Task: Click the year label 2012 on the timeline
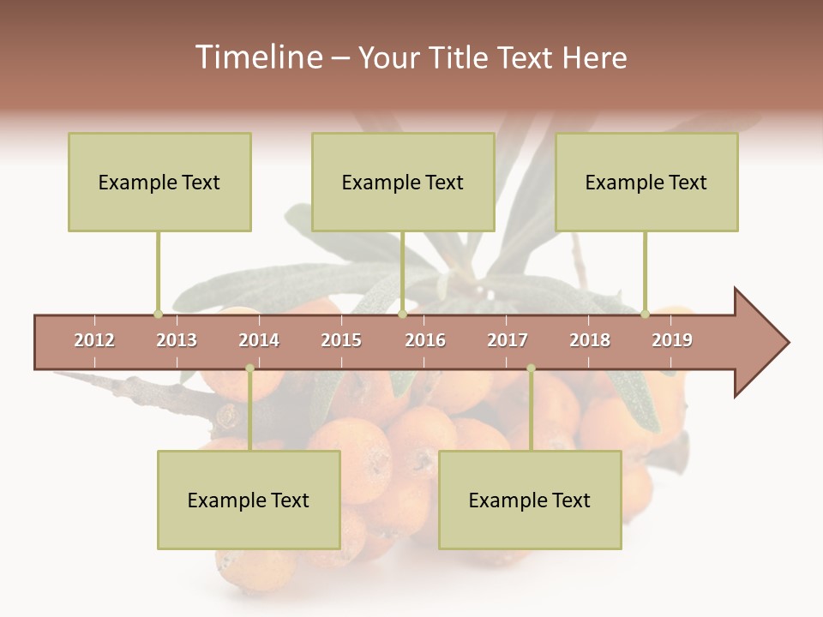tap(94, 340)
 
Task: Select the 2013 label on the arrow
tap(177, 340)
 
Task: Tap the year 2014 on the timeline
tap(259, 340)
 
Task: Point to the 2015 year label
tap(341, 340)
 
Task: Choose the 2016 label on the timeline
tap(425, 340)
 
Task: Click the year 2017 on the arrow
tap(508, 340)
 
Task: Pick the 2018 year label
tap(590, 340)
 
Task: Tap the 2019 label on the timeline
tap(672, 340)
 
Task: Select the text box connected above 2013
tap(159, 182)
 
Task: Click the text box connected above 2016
tap(403, 182)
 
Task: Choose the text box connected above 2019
tap(646, 182)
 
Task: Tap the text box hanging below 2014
tap(249, 500)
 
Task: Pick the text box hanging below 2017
tap(530, 500)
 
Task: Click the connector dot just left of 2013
tap(158, 314)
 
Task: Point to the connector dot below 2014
tap(249, 368)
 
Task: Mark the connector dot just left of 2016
tap(402, 314)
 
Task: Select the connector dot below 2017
tap(531, 368)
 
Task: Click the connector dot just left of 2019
tap(645, 314)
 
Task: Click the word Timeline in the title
tap(256, 57)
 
